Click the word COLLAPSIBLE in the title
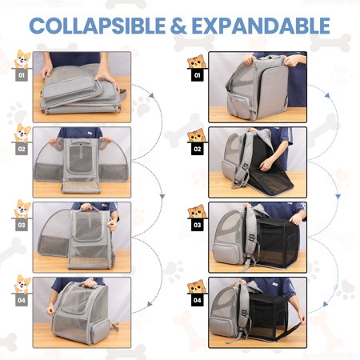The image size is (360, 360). (x=98, y=26)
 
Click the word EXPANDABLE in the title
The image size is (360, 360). (x=261, y=26)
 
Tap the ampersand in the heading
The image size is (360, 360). (x=178, y=26)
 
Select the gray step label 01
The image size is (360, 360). (x=22, y=75)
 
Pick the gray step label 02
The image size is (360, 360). (x=22, y=149)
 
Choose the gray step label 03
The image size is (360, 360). (x=22, y=225)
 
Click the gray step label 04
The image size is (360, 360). (x=22, y=300)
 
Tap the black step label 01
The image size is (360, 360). (x=197, y=75)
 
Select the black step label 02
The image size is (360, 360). (x=197, y=149)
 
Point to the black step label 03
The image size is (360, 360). (x=197, y=225)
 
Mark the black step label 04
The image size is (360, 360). (x=197, y=300)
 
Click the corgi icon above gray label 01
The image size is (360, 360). (x=22, y=59)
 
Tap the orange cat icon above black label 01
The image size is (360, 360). (x=197, y=62)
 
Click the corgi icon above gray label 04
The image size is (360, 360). (x=22, y=285)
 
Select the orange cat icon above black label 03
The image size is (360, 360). (x=197, y=211)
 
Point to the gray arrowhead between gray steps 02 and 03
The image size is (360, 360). (x=162, y=197)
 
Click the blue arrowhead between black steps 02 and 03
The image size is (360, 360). (x=338, y=197)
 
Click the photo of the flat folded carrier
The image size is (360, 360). (x=82, y=87)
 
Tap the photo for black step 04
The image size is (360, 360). (x=258, y=313)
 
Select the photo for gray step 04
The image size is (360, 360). (x=82, y=313)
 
